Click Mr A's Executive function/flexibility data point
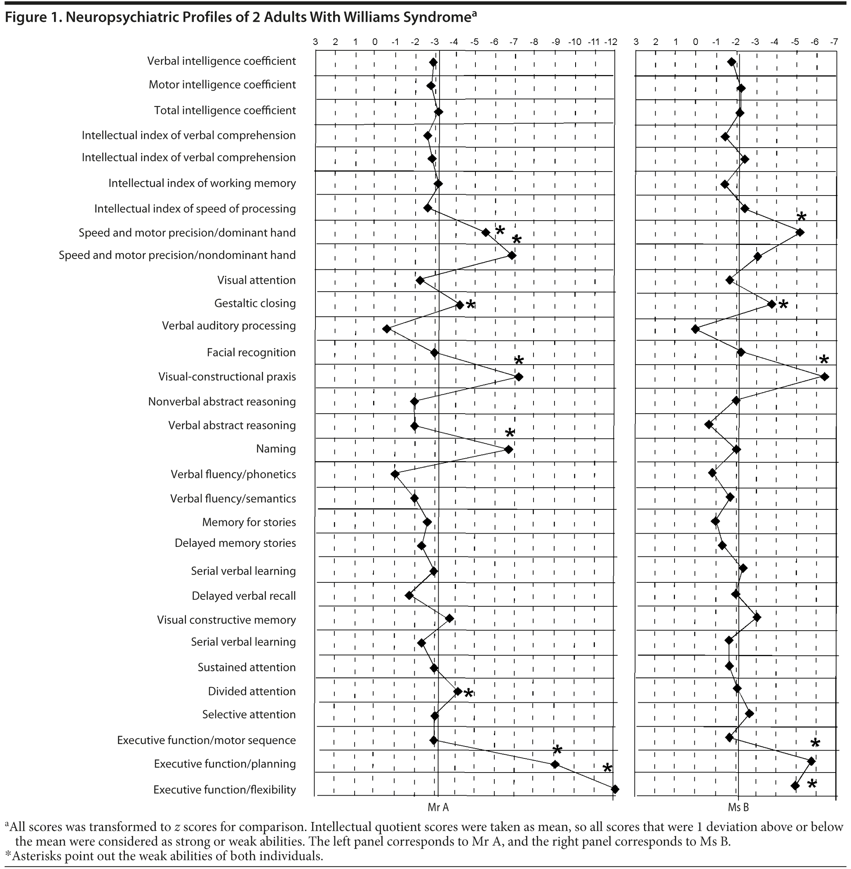615,789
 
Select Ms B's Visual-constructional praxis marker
825,377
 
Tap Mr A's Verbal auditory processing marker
387,329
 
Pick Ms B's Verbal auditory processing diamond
695,330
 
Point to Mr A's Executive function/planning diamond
555,764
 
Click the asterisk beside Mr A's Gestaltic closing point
470,304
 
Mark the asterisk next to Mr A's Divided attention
468,693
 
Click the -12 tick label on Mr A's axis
611,42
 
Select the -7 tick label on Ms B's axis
834,42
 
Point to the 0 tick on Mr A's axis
375,42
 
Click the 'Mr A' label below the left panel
438,807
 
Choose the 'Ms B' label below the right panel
738,807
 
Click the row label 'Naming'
276,449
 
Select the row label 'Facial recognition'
251,353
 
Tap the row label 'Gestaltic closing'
255,304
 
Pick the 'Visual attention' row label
256,280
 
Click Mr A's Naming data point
508,449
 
